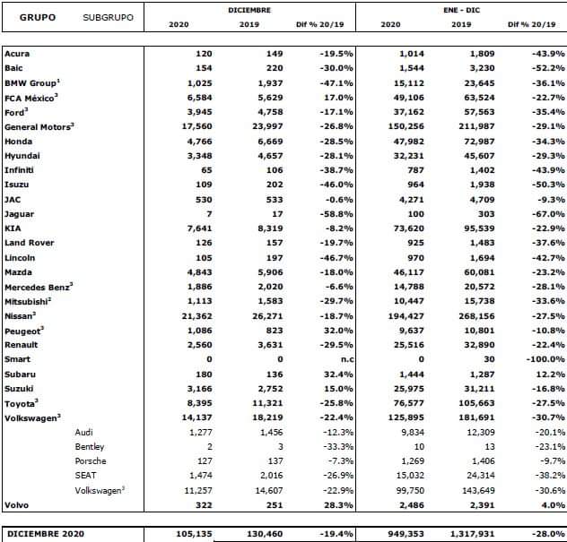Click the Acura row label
point(17,54)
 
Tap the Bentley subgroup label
point(90,446)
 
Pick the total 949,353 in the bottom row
point(403,535)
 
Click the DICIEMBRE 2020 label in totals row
point(42,535)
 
